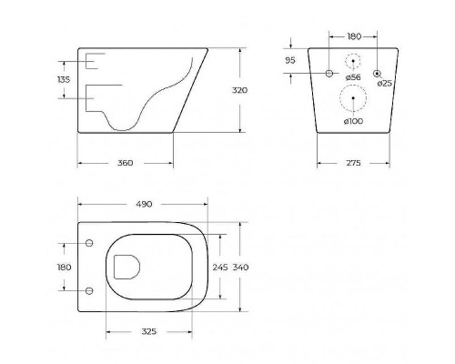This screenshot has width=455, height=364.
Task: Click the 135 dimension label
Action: point(64,80)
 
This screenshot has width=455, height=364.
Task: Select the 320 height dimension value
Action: point(239,90)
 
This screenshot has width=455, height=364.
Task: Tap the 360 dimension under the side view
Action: point(126,163)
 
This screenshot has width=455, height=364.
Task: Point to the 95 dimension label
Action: point(290,60)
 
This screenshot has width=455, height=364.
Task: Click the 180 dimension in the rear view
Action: point(354,36)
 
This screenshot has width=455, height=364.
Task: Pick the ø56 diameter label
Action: point(353,77)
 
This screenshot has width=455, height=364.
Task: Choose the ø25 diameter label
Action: point(385,83)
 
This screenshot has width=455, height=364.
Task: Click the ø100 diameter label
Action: point(353,121)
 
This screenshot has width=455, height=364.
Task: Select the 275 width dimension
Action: point(354,163)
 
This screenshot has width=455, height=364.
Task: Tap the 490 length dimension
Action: point(144,204)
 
